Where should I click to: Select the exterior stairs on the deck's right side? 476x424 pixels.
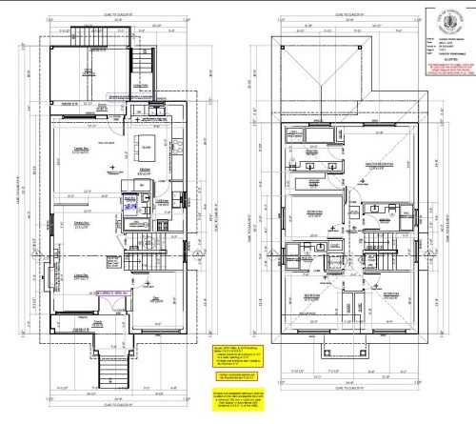pyautogui.click(x=145, y=71)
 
